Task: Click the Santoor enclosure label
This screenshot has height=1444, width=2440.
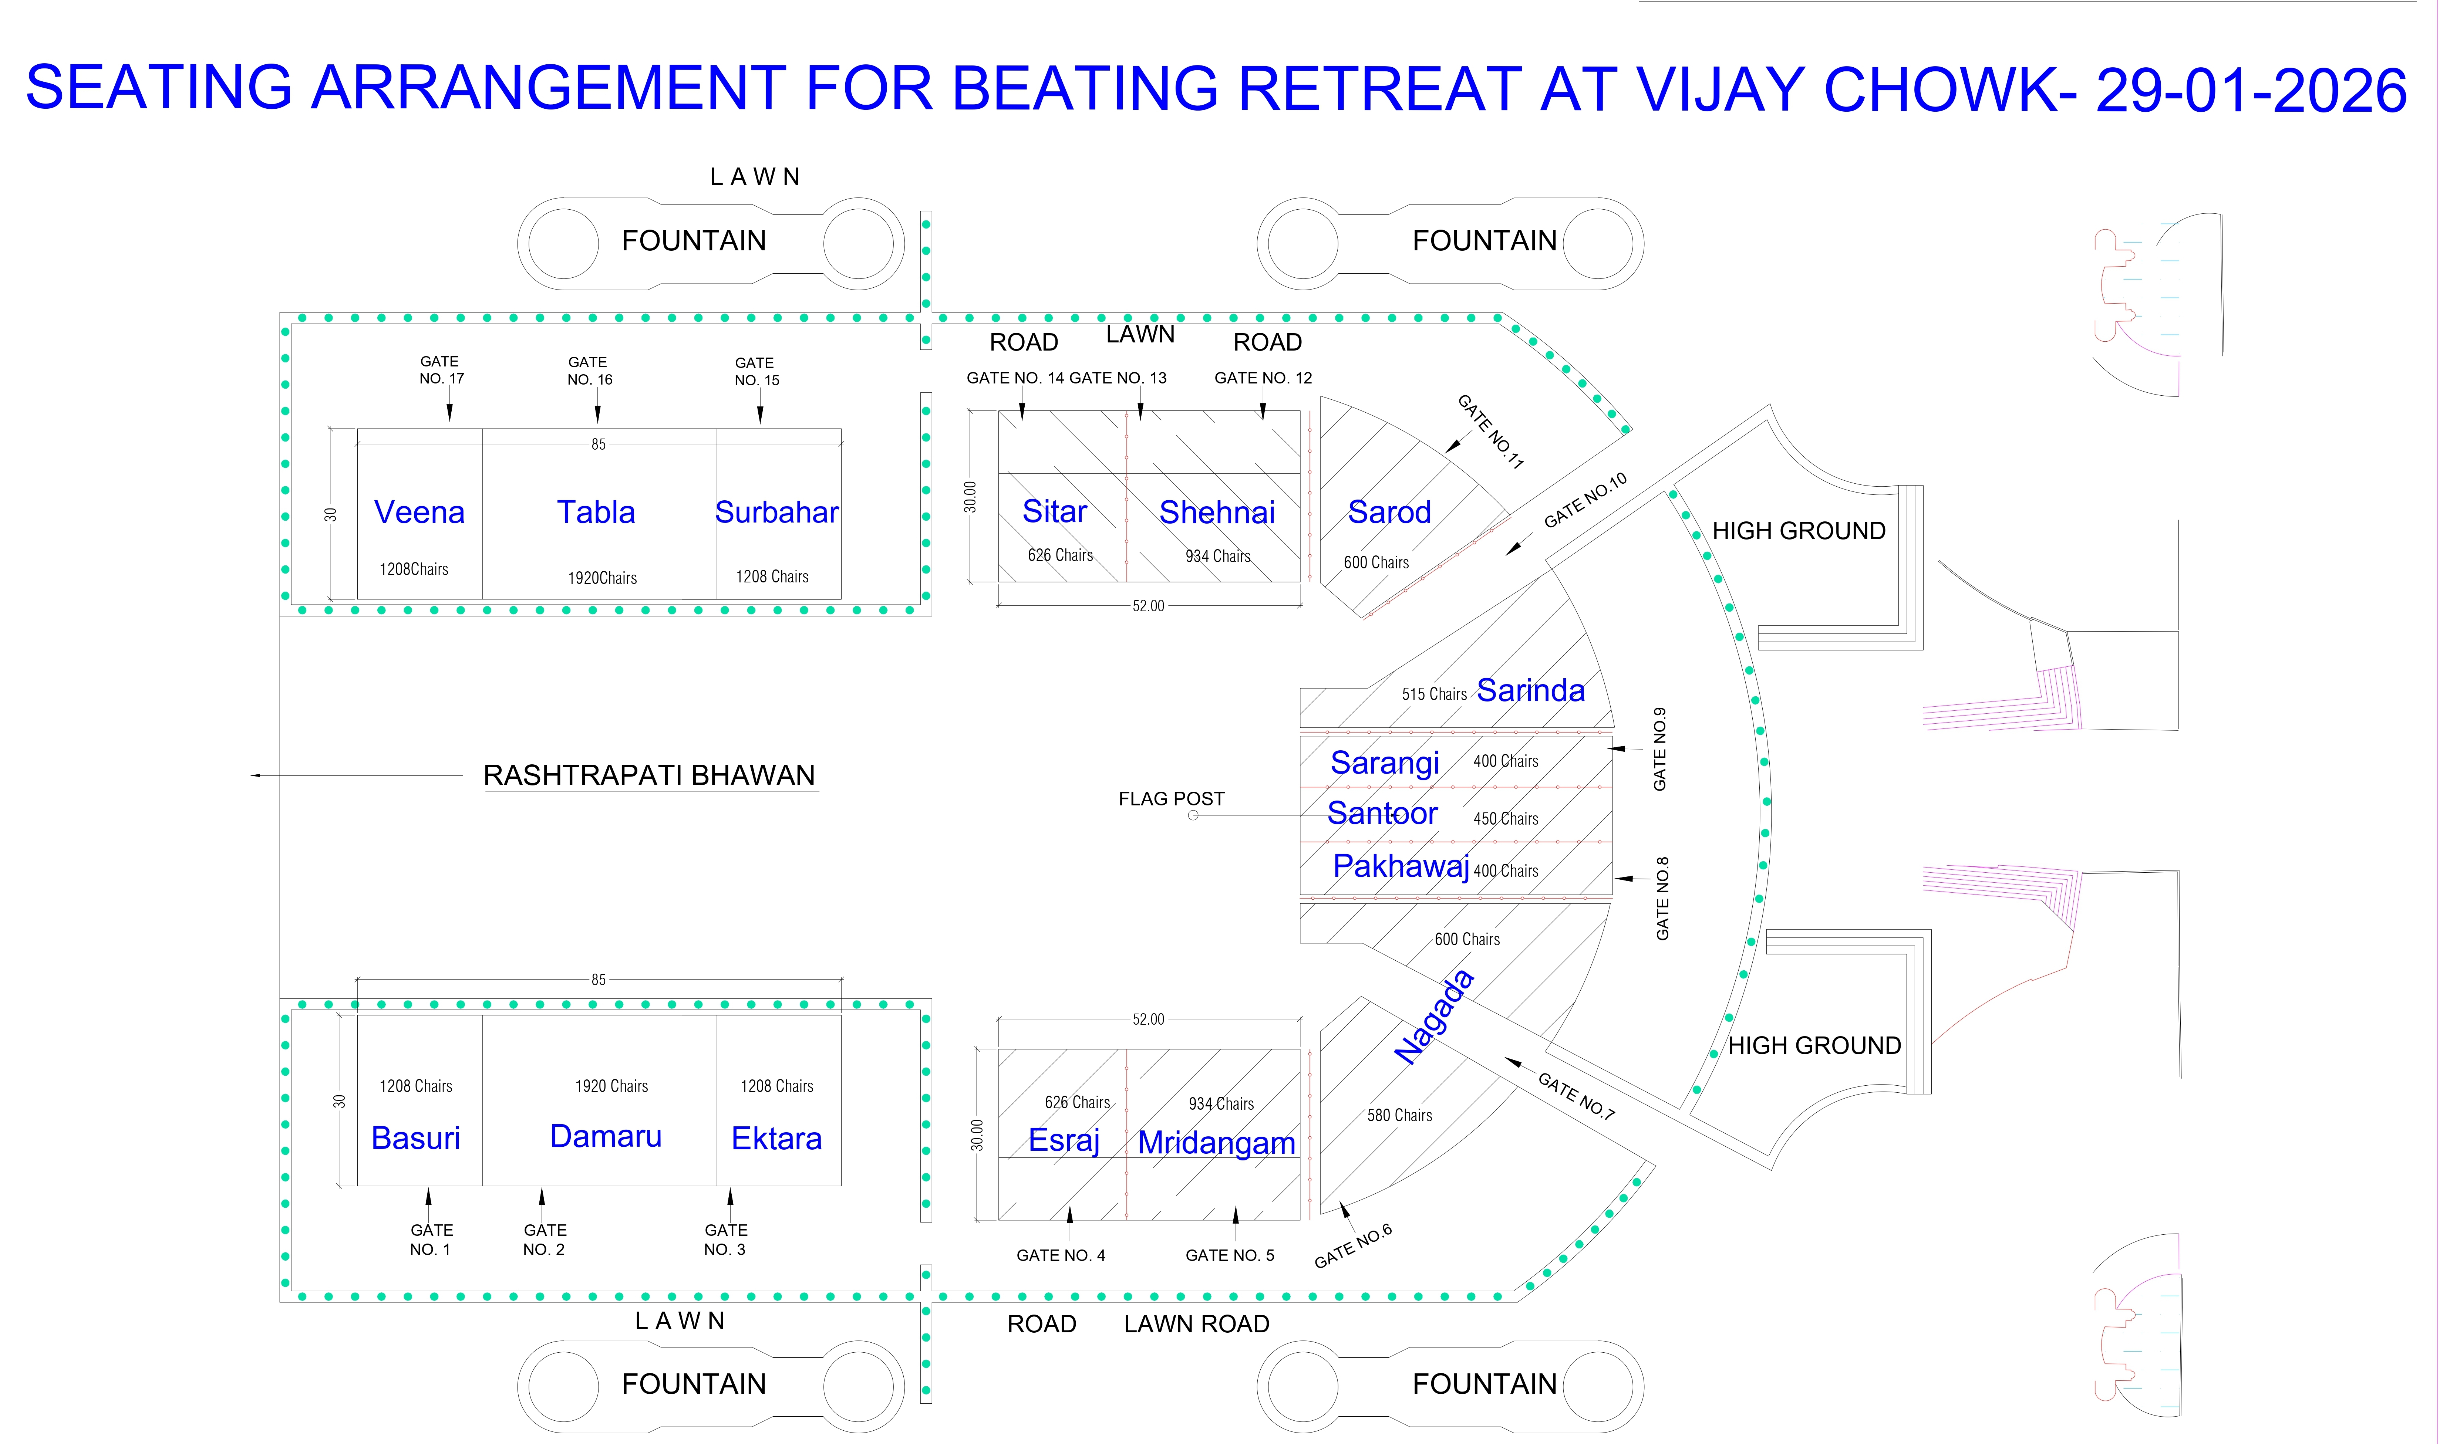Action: [1382, 814]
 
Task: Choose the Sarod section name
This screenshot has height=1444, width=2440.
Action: [1389, 513]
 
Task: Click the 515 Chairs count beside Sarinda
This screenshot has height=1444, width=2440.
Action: [1434, 695]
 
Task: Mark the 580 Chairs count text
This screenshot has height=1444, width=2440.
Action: [1399, 1115]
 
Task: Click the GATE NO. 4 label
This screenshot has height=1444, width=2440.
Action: [1061, 1255]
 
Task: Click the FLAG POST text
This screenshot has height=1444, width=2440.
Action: [1171, 799]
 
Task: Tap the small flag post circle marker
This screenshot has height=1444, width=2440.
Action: [1193, 815]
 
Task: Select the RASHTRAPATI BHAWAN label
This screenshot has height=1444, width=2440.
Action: [649, 775]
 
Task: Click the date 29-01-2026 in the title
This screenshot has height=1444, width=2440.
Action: [2250, 91]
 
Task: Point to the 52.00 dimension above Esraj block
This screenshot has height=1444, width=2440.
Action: [1147, 1019]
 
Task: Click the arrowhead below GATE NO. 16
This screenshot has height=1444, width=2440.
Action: [597, 416]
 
